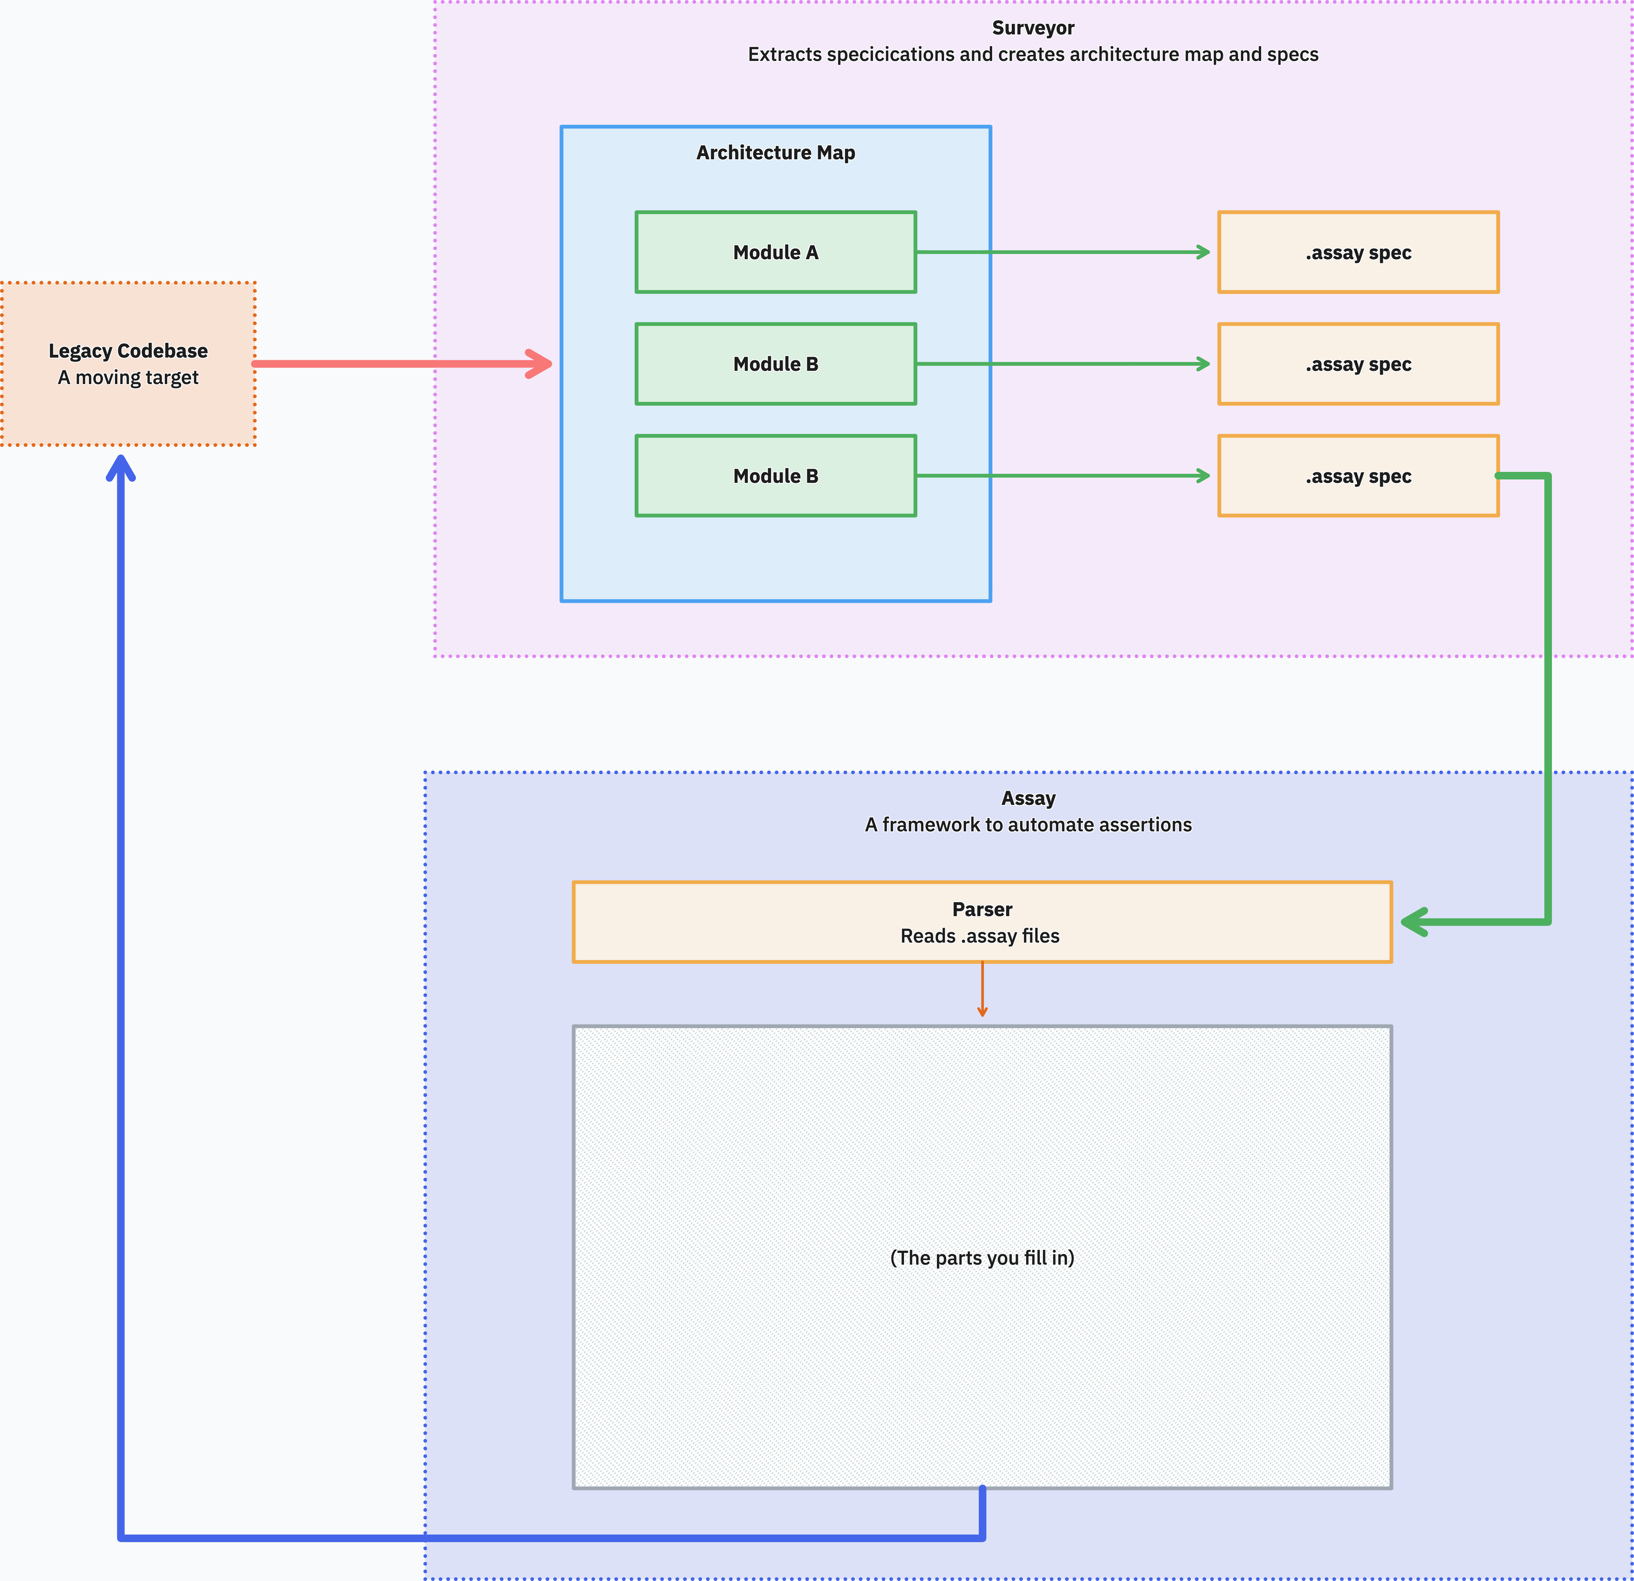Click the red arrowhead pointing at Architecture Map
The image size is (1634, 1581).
(x=540, y=364)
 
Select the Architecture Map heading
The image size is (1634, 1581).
(x=775, y=152)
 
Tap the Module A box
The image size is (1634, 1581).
(x=775, y=252)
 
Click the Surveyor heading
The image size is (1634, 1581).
(x=1033, y=28)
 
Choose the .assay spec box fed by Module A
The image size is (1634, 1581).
(x=1358, y=252)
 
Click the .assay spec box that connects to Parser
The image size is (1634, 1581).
(x=1358, y=476)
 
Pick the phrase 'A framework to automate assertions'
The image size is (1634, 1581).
(x=1028, y=825)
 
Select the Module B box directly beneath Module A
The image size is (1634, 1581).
(x=775, y=364)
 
